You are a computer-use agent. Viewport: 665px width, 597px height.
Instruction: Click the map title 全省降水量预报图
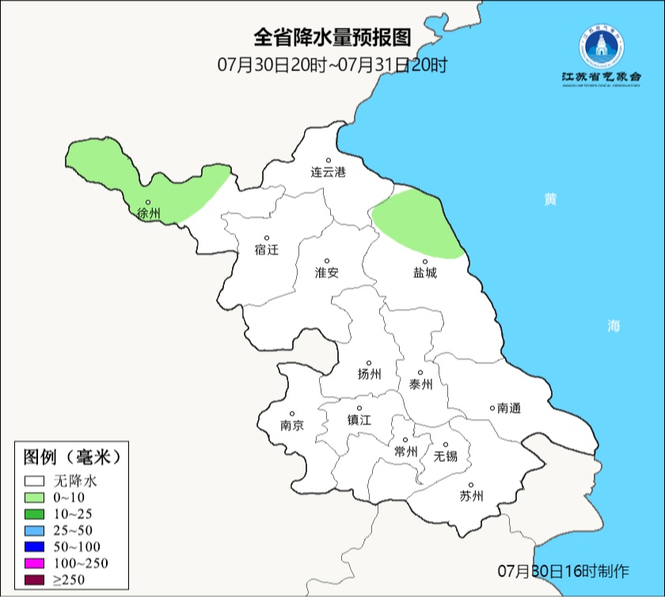(332, 37)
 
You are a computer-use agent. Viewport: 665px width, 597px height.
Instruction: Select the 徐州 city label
(148, 214)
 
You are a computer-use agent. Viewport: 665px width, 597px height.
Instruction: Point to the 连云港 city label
(328, 172)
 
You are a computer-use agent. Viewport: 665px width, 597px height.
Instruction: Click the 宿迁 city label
(267, 249)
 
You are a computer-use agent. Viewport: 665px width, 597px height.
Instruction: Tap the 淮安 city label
(327, 272)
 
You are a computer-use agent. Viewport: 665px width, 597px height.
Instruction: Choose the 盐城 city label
(425, 272)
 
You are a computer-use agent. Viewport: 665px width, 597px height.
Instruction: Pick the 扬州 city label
(369, 374)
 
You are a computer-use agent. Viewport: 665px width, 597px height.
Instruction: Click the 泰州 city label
(420, 384)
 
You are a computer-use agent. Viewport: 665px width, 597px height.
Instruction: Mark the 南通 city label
(508, 409)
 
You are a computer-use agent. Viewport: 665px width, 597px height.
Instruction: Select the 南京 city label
(291, 425)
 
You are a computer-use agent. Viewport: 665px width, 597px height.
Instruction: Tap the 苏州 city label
(471, 497)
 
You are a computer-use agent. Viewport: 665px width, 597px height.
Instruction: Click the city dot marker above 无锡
(446, 445)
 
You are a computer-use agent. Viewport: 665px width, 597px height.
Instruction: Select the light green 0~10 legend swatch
(34, 497)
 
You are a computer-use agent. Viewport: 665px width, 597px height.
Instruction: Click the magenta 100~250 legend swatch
(34, 564)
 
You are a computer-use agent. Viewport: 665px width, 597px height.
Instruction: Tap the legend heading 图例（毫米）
(71, 457)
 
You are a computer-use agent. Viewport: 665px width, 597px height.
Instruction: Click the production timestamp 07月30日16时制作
(563, 571)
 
